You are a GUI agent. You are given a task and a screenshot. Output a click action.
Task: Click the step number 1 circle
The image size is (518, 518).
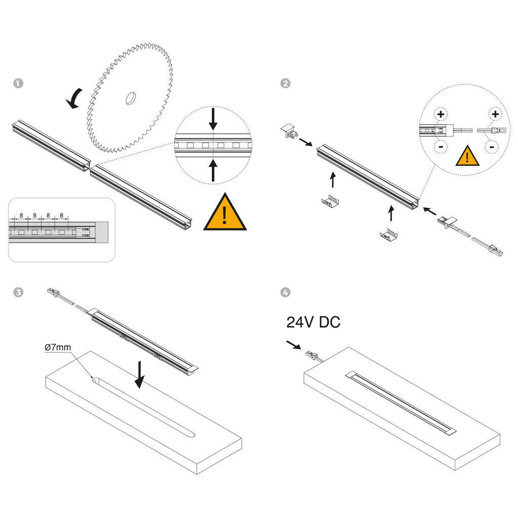pos(18,83)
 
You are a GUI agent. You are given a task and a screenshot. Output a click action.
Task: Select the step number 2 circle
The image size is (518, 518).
pos(285,83)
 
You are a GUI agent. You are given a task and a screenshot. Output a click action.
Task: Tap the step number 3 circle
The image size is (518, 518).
pos(18,292)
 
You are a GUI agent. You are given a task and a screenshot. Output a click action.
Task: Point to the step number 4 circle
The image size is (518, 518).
pos(285,292)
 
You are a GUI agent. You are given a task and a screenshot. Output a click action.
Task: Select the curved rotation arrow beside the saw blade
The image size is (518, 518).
pos(75,98)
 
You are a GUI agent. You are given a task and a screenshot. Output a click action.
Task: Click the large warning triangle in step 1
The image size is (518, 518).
pos(225,212)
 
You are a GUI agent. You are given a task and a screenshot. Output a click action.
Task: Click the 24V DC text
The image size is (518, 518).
pos(313,322)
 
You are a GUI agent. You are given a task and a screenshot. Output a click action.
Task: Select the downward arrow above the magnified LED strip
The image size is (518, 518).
pos(213,119)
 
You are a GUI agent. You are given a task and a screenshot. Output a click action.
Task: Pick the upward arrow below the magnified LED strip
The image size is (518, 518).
pos(213,170)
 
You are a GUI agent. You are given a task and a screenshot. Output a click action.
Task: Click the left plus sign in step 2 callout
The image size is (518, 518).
pos(441,114)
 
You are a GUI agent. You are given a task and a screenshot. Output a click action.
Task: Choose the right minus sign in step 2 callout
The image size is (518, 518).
pos(491,147)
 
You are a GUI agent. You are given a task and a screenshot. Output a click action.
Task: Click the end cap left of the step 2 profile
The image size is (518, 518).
pos(289,131)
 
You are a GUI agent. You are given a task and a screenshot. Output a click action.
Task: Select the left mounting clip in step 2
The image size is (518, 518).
pos(330,201)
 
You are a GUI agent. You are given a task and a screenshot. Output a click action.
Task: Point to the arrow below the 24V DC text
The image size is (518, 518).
pos(293,345)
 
